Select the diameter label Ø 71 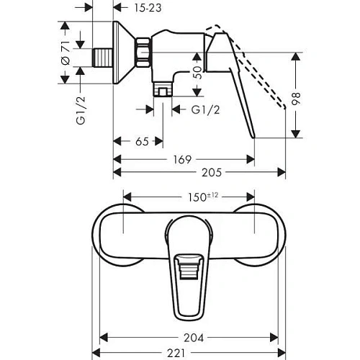(x=66, y=54)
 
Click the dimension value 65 (x=142, y=142)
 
